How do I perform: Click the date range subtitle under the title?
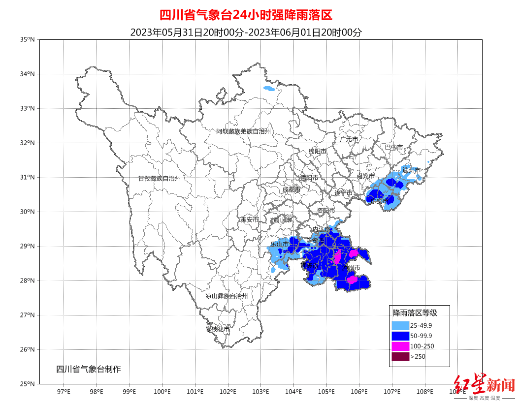(246, 32)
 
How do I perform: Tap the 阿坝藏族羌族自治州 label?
(244, 131)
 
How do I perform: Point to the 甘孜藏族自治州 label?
(159, 179)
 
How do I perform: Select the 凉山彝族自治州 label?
(227, 296)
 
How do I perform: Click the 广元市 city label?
(349, 139)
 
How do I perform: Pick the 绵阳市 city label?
(317, 151)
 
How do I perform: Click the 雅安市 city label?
(249, 219)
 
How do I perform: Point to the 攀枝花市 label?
(217, 329)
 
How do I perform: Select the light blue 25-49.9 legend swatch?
(400, 325)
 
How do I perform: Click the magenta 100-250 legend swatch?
(400, 346)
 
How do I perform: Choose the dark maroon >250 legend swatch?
(400, 357)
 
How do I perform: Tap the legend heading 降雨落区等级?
(415, 312)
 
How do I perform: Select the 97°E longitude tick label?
(64, 392)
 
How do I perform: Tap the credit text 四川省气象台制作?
(88, 369)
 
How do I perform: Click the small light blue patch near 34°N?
(269, 89)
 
